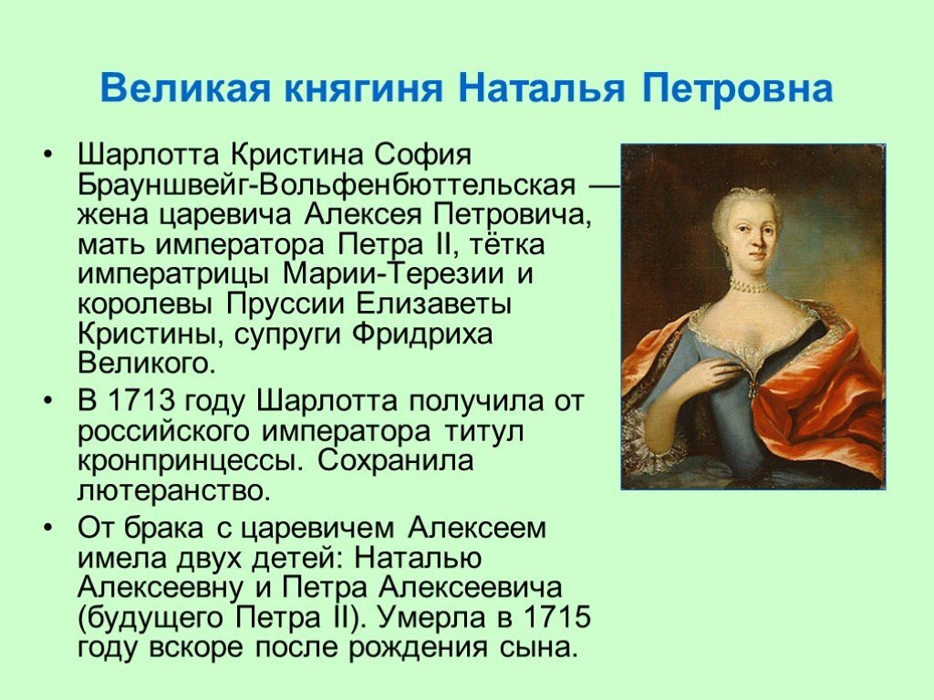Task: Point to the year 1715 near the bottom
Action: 556,618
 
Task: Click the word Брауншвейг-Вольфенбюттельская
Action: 327,186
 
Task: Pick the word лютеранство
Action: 174,490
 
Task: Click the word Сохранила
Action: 395,460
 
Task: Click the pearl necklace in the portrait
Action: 750,285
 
